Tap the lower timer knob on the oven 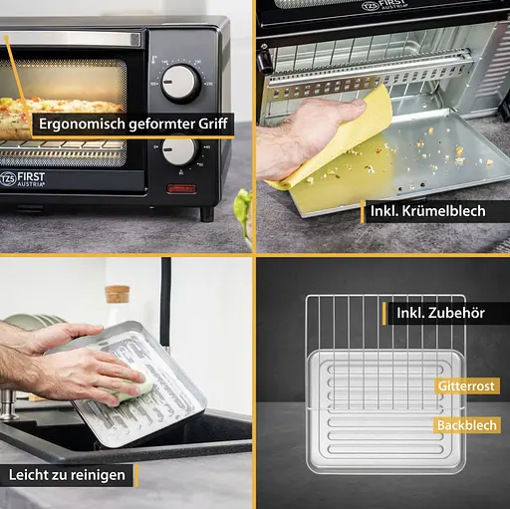click(x=179, y=150)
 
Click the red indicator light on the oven click(x=181, y=188)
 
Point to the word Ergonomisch click(x=82, y=125)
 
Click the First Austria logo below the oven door click(x=22, y=179)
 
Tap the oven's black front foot click(x=207, y=214)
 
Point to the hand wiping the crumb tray click(x=311, y=137)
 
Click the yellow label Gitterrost click(x=466, y=386)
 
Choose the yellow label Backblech click(x=467, y=425)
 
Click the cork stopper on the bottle click(x=117, y=294)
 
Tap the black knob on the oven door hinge click(x=265, y=61)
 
